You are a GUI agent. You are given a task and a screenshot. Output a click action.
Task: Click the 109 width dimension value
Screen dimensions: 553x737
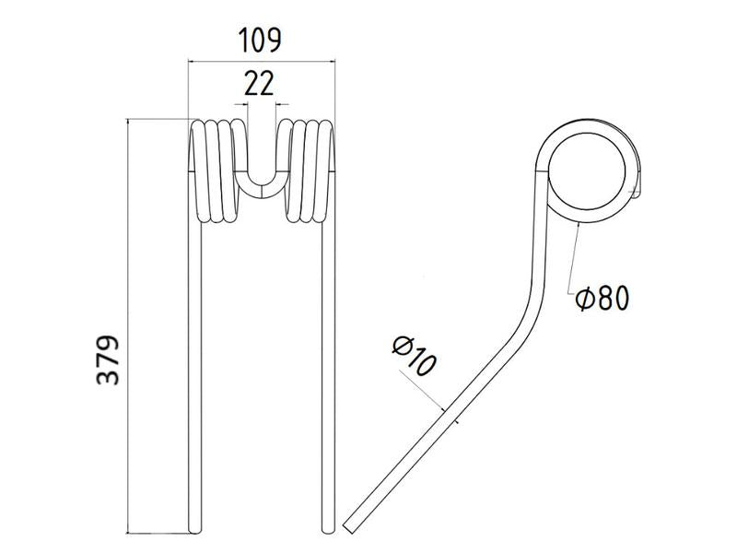tap(259, 41)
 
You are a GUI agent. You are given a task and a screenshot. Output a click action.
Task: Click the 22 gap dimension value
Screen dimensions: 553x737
tap(259, 84)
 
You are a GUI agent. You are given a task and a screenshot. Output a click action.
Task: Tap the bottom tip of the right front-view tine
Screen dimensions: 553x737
tap(327, 528)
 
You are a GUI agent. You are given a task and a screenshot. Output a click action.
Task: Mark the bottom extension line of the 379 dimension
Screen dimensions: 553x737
tap(158, 533)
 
